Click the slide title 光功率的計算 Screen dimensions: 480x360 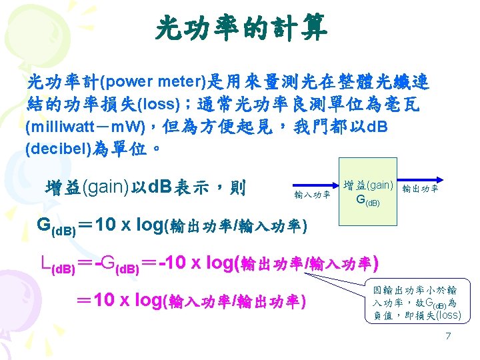coord(240,27)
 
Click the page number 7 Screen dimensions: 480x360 coord(448,335)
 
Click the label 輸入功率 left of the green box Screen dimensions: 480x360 coord(312,195)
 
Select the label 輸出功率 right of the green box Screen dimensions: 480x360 coord(420,189)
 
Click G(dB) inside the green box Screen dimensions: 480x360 coord(368,200)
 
